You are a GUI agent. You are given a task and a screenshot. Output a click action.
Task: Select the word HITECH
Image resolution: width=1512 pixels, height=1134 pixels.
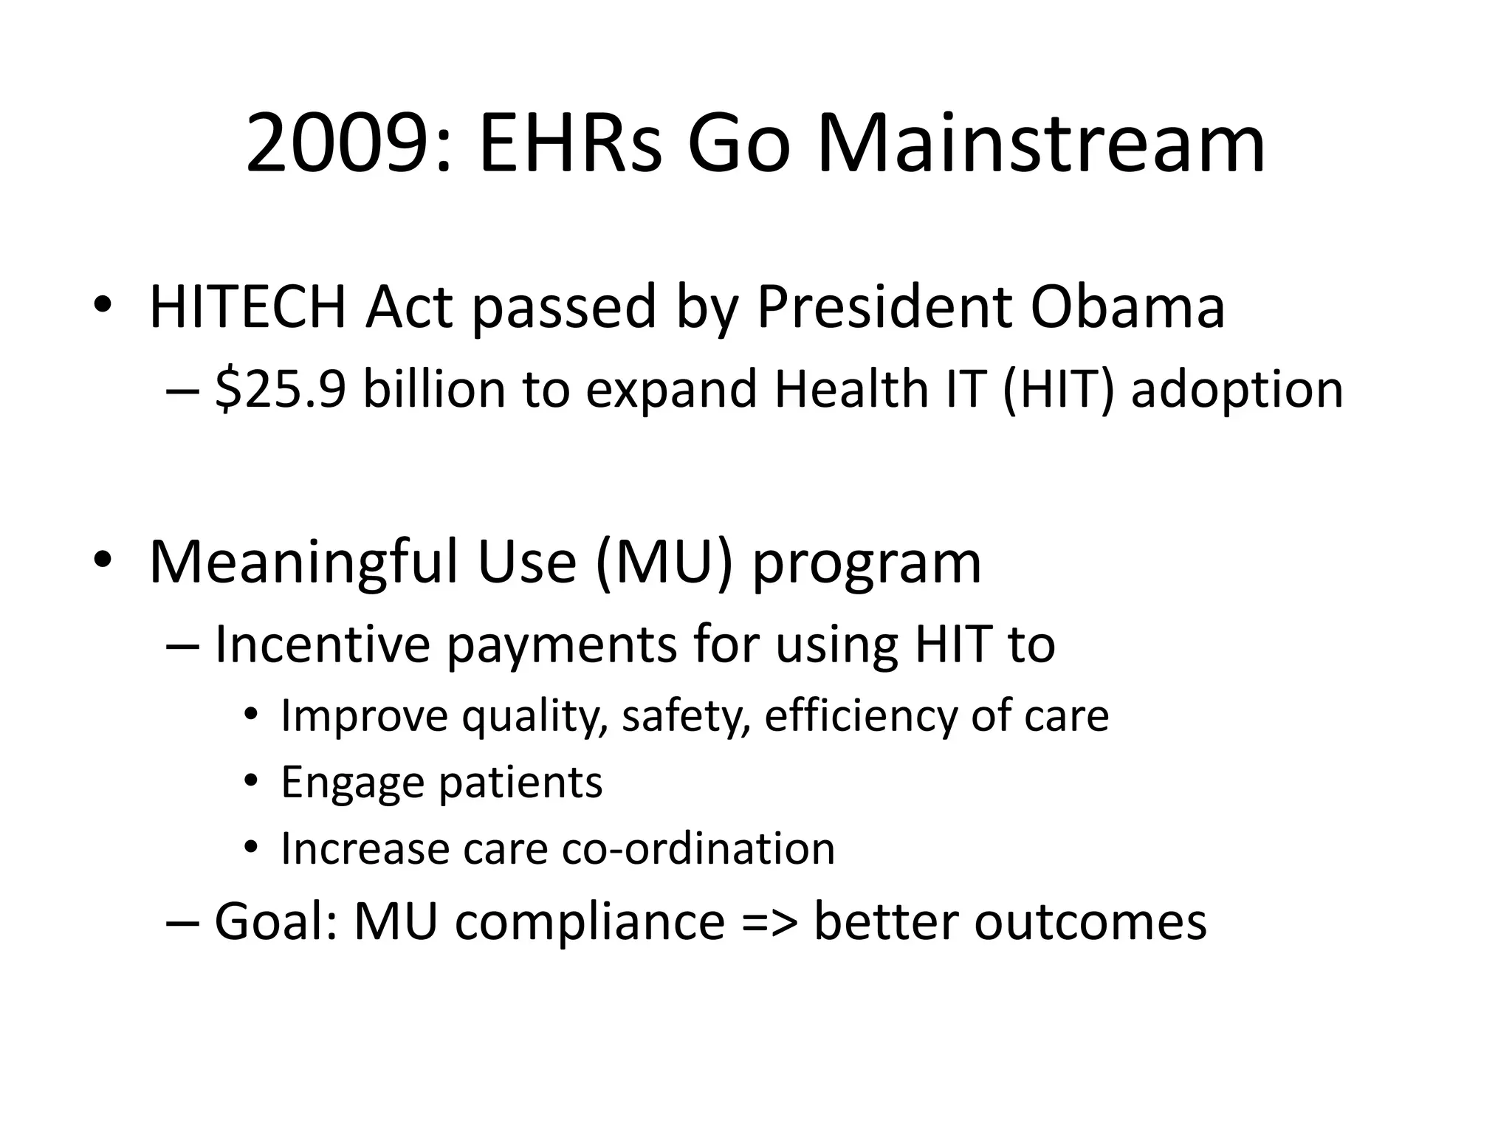tap(248, 306)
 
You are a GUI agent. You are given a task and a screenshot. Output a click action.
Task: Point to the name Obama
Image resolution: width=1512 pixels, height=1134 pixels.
tap(1127, 306)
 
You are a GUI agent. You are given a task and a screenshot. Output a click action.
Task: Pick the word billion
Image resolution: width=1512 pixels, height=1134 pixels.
tap(434, 389)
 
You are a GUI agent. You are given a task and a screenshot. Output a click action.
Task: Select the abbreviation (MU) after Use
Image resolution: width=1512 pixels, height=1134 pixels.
tap(664, 563)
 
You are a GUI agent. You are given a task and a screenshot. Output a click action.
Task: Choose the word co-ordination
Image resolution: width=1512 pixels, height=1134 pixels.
tap(698, 848)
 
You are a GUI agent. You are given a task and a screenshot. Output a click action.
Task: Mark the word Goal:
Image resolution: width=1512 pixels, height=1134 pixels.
tap(275, 922)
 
